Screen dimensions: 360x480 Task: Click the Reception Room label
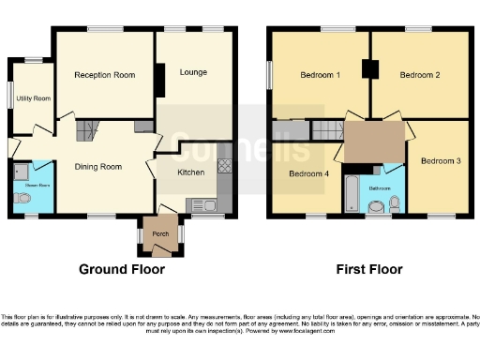(x=105, y=75)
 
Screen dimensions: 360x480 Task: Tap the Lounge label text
(x=193, y=72)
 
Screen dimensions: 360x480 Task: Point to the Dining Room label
(x=99, y=167)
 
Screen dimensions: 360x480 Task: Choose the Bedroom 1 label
(x=320, y=75)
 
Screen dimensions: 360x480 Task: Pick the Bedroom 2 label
(x=420, y=75)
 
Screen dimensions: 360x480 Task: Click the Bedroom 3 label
(x=440, y=161)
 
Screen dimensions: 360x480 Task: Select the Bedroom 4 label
(x=308, y=174)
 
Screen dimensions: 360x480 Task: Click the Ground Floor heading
(x=121, y=270)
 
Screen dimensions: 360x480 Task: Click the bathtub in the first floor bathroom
(x=352, y=194)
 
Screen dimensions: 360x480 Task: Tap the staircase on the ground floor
(x=85, y=131)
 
